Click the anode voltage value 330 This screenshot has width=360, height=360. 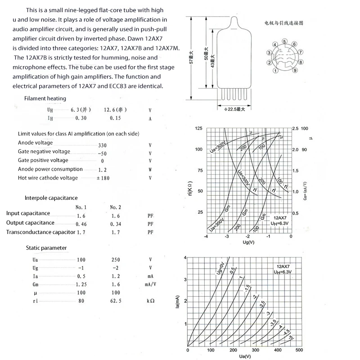(x=103, y=145)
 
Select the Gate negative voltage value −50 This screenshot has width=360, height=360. (x=102, y=154)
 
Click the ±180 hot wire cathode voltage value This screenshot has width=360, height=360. (x=103, y=178)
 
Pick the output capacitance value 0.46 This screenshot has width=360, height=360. (x=81, y=224)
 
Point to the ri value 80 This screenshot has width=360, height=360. (x=81, y=301)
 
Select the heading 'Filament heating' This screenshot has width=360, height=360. (x=45, y=99)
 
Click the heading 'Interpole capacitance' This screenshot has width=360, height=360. (x=51, y=198)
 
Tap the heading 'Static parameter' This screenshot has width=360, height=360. (x=46, y=248)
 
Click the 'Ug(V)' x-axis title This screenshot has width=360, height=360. (x=249, y=243)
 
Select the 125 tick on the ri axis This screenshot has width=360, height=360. (x=198, y=129)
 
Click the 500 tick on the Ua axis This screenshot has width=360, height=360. (x=299, y=350)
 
